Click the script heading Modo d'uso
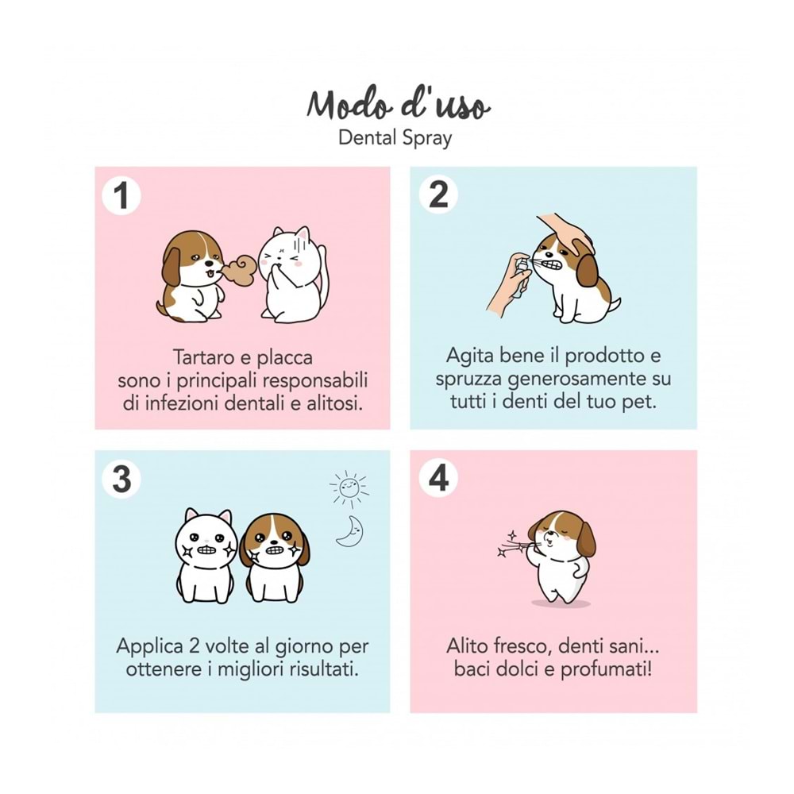(x=398, y=106)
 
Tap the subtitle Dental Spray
(x=395, y=138)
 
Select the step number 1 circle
(x=121, y=195)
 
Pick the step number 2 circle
(x=438, y=195)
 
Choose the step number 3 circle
(x=121, y=479)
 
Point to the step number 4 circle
(x=438, y=479)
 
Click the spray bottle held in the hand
(x=521, y=277)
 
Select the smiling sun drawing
(x=349, y=488)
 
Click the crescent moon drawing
(x=350, y=531)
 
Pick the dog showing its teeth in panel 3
(x=274, y=558)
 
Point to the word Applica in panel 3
(x=149, y=646)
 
